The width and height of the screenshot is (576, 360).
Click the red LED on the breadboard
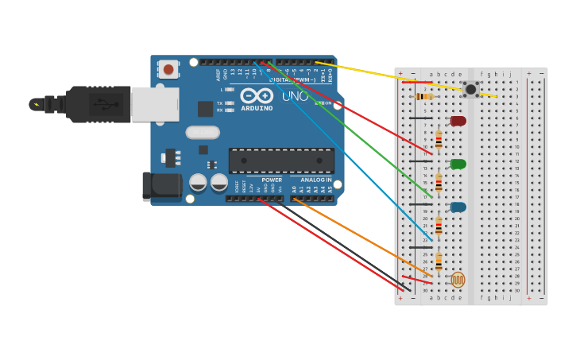(458, 121)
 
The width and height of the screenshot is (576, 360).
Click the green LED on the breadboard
(458, 164)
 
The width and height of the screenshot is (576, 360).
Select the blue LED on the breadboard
(458, 207)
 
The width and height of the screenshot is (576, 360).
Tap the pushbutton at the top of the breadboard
(470, 89)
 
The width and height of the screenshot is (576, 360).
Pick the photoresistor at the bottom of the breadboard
(458, 279)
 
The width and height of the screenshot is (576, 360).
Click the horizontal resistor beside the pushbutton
(425, 97)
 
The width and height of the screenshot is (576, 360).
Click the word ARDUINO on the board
(257, 108)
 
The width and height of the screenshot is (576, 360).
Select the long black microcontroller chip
(281, 160)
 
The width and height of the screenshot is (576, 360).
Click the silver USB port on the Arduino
(155, 104)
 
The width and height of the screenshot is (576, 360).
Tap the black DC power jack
(161, 187)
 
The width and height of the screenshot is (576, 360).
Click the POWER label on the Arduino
(272, 180)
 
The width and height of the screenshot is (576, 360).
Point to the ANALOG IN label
(316, 180)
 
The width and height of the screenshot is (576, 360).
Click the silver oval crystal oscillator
(202, 133)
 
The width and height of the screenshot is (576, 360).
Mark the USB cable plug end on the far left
(37, 104)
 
